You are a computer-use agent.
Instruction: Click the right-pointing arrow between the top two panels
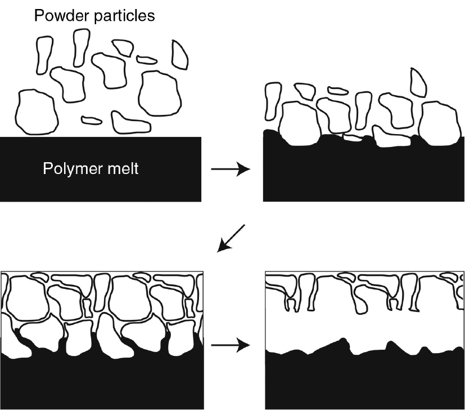coord(231,168)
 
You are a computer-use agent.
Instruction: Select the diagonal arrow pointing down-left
coord(232,237)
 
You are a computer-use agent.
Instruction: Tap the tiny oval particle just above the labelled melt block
coord(91,119)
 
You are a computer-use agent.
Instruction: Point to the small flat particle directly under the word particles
coord(146,59)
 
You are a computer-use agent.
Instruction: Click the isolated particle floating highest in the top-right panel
coord(418,82)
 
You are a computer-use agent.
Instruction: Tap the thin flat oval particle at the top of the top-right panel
coord(338,90)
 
